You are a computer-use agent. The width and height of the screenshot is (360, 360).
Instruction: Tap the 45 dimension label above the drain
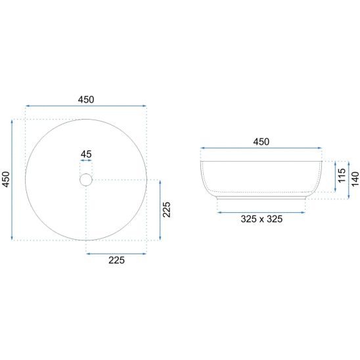pyautogui.click(x=86, y=154)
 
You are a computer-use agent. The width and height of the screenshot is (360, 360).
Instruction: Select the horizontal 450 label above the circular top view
pyautogui.click(x=86, y=99)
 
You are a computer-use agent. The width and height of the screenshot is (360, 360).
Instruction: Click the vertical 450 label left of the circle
pyautogui.click(x=6, y=179)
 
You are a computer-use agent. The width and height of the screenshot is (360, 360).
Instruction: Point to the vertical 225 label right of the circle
pyautogui.click(x=166, y=210)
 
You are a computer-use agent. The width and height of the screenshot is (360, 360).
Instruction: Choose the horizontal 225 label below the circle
pyautogui.click(x=117, y=260)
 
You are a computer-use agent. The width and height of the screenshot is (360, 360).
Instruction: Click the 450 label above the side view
pyautogui.click(x=261, y=142)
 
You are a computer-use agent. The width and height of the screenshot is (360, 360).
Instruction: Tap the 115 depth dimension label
pyautogui.click(x=342, y=175)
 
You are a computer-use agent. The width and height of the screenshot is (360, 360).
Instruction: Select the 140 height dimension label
pyautogui.click(x=355, y=179)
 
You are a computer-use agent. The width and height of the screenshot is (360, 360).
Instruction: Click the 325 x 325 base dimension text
pyautogui.click(x=261, y=219)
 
